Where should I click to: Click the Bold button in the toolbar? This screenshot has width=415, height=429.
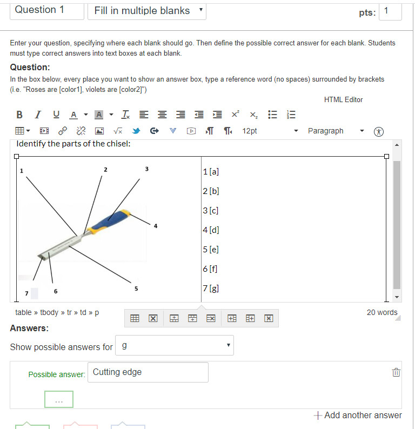pyautogui.click(x=19, y=115)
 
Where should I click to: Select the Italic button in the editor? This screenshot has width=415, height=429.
pyautogui.click(x=37, y=115)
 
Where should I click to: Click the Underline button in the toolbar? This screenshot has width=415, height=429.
pyautogui.click(x=56, y=115)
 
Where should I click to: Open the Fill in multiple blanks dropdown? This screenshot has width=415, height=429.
pyautogui.click(x=147, y=10)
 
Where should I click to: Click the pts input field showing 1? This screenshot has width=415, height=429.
pyautogui.click(x=390, y=11)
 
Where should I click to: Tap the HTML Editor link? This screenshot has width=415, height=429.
pyautogui.click(x=343, y=99)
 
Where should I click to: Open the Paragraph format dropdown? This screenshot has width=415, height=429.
pyautogui.click(x=336, y=131)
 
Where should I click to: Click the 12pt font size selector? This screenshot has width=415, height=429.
pyautogui.click(x=270, y=131)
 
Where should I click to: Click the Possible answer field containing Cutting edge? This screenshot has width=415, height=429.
pyautogui.click(x=148, y=372)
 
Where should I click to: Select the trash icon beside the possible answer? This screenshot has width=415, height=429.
pyautogui.click(x=396, y=372)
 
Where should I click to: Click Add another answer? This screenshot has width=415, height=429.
pyautogui.click(x=358, y=415)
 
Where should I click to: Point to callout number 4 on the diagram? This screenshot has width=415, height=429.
pyautogui.click(x=155, y=226)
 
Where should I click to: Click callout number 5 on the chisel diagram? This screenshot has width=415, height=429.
pyautogui.click(x=136, y=289)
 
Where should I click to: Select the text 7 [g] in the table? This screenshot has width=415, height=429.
pyautogui.click(x=211, y=289)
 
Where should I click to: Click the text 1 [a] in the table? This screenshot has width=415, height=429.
pyautogui.click(x=211, y=172)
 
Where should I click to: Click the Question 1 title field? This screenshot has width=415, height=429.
pyautogui.click(x=47, y=10)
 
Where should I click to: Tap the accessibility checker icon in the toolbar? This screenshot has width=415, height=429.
pyautogui.click(x=379, y=131)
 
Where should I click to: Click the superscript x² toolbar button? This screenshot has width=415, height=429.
pyautogui.click(x=235, y=115)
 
